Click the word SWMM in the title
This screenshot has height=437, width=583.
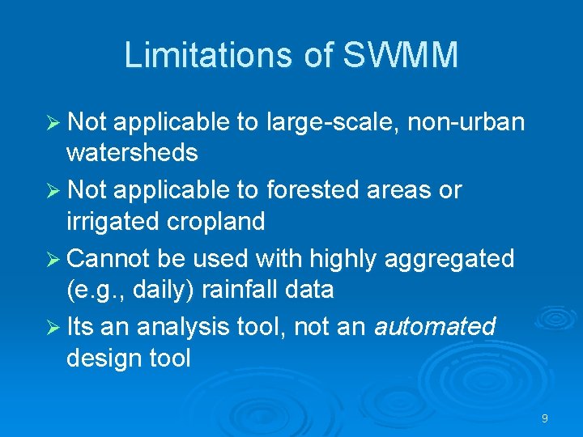coord(401,56)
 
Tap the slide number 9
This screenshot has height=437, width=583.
coord(545,418)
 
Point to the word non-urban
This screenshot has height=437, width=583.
coord(466,122)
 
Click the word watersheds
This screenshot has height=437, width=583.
coord(132,152)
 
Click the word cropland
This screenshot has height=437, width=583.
coord(221,221)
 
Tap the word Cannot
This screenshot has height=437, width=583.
coord(109,259)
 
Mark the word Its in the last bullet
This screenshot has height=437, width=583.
coord(81,327)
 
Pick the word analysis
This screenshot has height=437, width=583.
coord(185,327)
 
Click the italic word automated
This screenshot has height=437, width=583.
coord(434,327)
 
